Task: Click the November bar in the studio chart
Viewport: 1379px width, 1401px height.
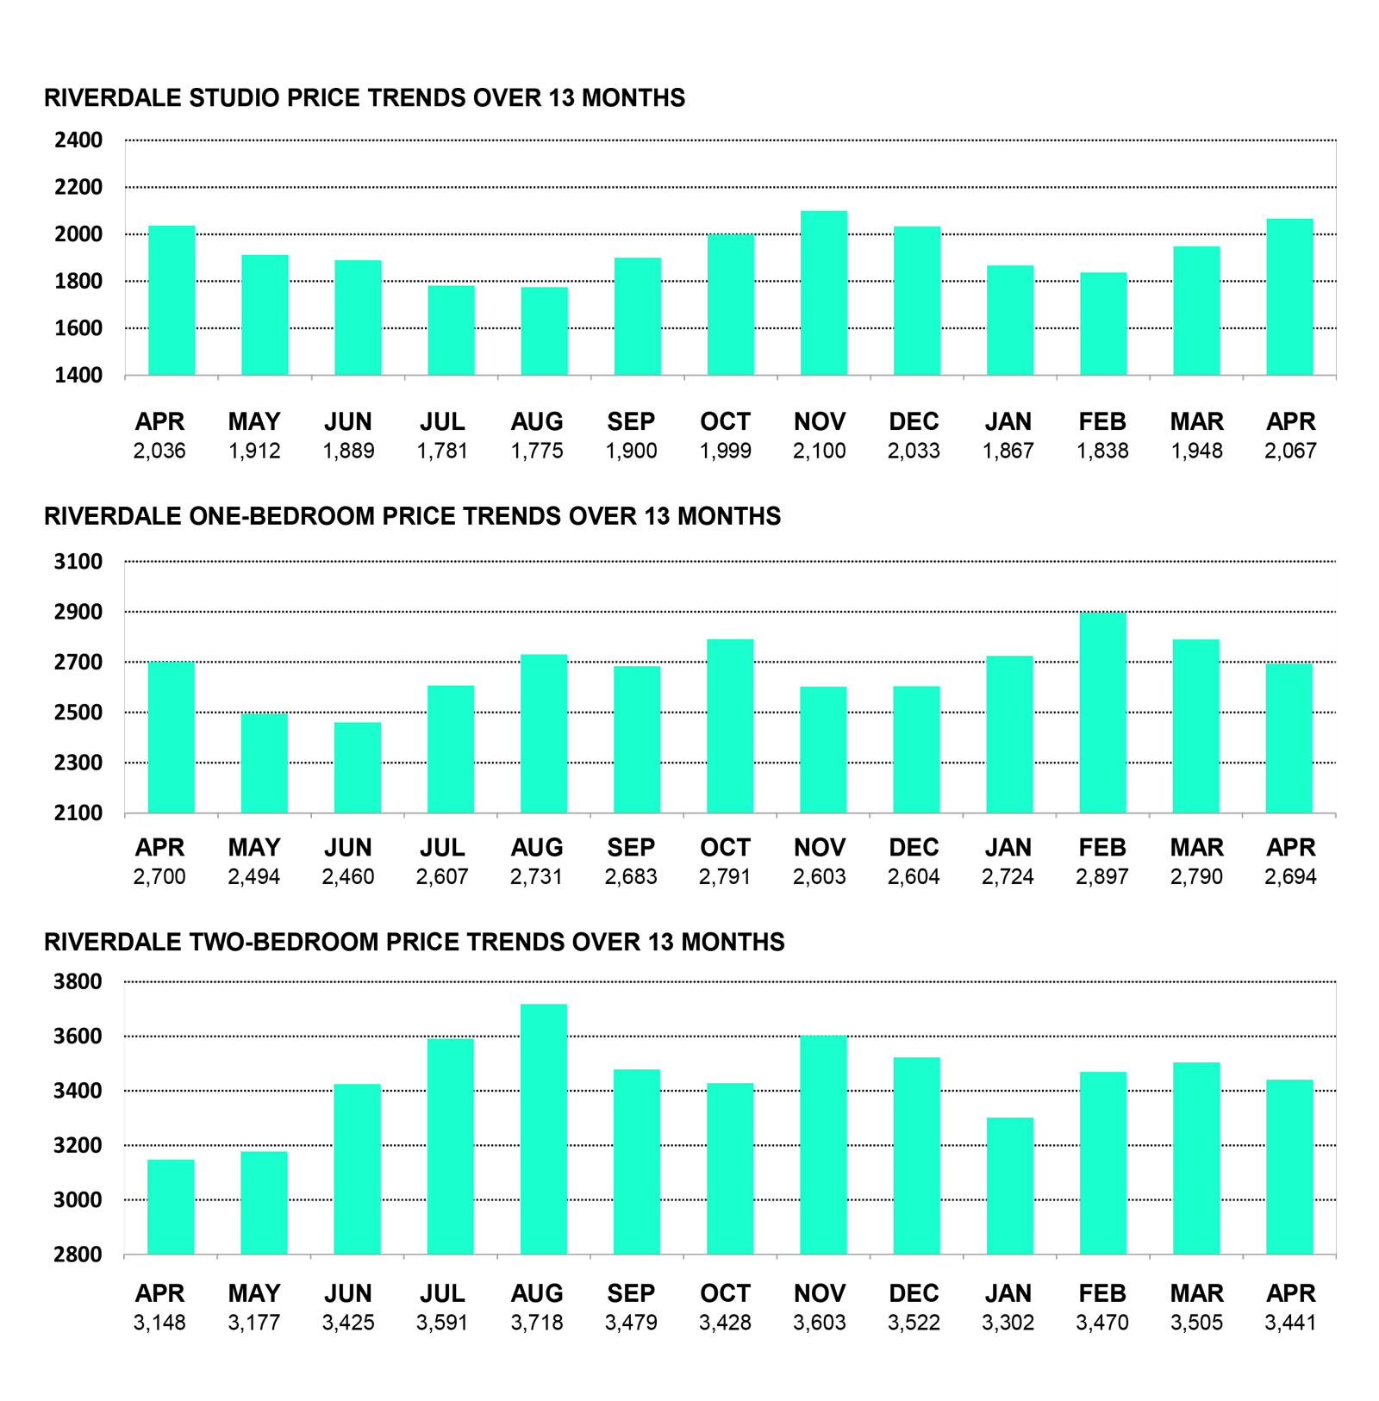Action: (x=823, y=293)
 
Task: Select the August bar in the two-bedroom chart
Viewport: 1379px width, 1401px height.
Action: (x=544, y=1129)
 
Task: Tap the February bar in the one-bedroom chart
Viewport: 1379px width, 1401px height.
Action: (x=1102, y=713)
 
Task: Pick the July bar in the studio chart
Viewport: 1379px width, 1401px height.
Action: (x=451, y=331)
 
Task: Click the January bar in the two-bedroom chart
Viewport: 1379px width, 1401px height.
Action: (x=1009, y=1186)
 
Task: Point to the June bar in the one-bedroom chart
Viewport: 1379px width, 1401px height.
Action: (x=358, y=768)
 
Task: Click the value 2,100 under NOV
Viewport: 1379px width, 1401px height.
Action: (x=820, y=451)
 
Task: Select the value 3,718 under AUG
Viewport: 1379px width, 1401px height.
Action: (x=537, y=1322)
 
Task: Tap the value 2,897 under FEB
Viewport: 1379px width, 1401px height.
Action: (x=1102, y=876)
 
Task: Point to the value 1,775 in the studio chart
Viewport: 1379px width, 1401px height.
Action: (x=537, y=451)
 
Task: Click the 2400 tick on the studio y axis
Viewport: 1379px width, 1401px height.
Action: (x=78, y=140)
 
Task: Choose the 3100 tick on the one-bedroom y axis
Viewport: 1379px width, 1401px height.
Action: (x=78, y=562)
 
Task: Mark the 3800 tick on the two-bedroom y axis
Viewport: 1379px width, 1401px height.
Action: (x=78, y=981)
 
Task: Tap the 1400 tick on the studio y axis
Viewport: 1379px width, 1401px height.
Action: (x=78, y=375)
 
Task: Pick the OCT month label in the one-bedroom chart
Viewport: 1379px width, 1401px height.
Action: (x=725, y=847)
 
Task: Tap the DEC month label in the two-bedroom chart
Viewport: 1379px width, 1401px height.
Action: (x=914, y=1293)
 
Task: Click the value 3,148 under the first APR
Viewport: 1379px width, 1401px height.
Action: (x=159, y=1322)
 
